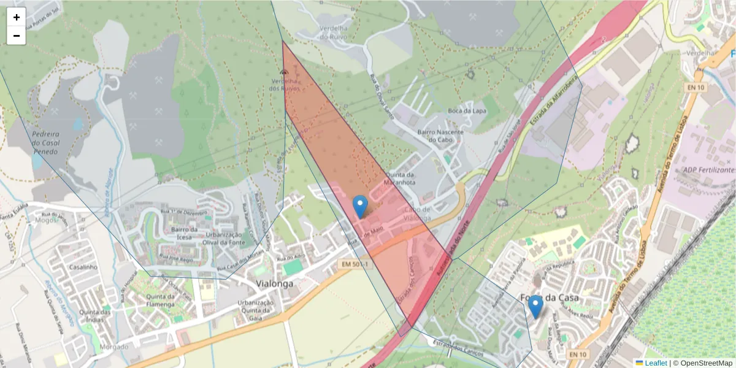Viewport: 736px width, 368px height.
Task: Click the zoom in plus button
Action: tap(17, 17)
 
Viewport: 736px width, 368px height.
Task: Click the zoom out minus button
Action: tap(17, 36)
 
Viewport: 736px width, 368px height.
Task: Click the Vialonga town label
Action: tap(275, 284)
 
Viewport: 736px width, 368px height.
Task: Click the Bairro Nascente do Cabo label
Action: tap(440, 136)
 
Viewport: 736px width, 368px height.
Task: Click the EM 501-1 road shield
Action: tap(355, 264)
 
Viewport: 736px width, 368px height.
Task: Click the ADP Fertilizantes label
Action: tap(707, 169)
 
